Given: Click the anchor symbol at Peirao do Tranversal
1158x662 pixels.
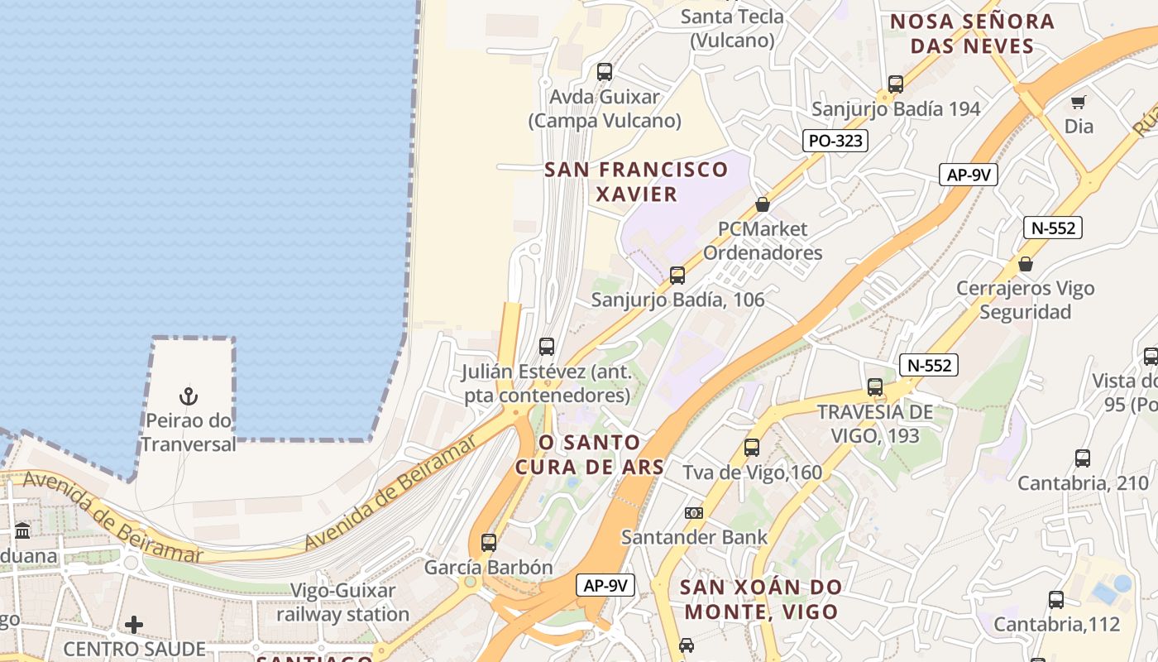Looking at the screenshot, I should coord(189,396).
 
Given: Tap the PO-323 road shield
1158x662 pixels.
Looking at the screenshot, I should coord(835,141).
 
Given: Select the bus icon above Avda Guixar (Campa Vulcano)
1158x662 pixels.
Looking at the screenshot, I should coord(605,72).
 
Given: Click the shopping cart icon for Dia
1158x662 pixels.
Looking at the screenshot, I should coord(1078,103).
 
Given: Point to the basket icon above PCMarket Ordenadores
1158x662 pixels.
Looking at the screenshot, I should coord(763,204).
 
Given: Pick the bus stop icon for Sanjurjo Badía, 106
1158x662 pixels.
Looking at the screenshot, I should coord(677,276).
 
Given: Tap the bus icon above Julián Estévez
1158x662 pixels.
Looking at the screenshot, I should coord(547,347).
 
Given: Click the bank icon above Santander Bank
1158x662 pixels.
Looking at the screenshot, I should coord(694,513).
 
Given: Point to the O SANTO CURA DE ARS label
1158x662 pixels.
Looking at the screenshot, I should coord(590,454).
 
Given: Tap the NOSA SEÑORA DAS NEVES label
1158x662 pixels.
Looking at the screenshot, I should coord(972,33).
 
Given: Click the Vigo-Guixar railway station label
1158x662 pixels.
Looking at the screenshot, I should coord(342,602).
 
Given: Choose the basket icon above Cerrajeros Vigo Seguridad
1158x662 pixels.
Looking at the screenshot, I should coord(1026,264).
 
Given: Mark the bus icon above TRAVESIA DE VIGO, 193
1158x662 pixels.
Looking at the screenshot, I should coord(875,387).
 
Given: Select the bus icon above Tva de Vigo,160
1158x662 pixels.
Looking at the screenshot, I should coord(752,448).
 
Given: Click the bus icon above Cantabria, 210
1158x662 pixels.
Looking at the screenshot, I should coord(1082,458).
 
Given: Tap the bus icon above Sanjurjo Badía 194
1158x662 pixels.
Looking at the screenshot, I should coord(896,84).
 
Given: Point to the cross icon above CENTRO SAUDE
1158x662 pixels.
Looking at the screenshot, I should coord(134,624).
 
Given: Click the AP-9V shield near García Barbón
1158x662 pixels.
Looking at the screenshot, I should coord(605,585).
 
